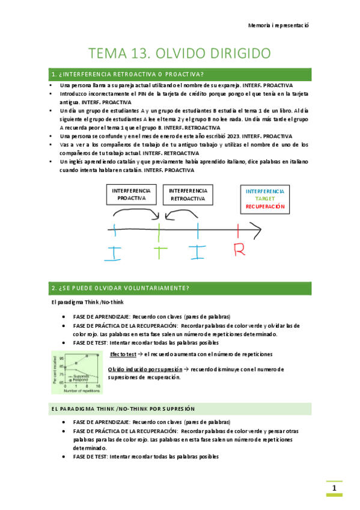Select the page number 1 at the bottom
pyautogui.click(x=334, y=488)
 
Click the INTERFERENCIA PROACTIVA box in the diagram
pyautogui.click(x=132, y=194)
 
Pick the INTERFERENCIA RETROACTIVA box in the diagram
pyautogui.click(x=188, y=194)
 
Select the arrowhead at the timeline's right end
pyautogui.click(x=257, y=229)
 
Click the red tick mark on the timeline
pyautogui.click(x=239, y=229)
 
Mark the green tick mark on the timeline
pyautogui.click(x=159, y=229)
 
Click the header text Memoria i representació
pyautogui.click(x=278, y=26)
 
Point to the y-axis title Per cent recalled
pyautogui.click(x=55, y=369)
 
